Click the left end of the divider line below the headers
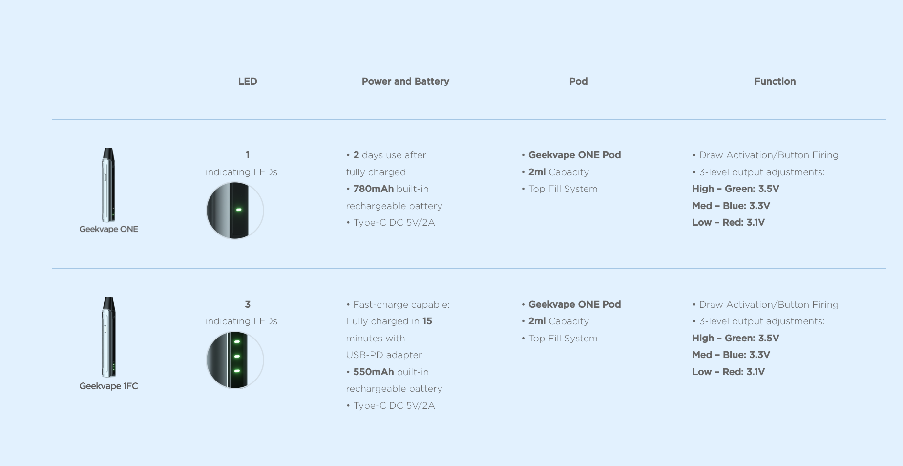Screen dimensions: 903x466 [x=52, y=119]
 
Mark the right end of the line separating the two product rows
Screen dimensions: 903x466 [x=886, y=268]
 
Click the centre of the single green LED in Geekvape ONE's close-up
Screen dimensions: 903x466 [x=239, y=210]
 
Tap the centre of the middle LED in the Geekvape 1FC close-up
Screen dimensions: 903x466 [x=237, y=357]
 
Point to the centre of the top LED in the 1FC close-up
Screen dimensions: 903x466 [x=237, y=342]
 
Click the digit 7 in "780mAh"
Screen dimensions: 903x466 [x=357, y=189]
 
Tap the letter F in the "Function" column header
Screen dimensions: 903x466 [x=757, y=81]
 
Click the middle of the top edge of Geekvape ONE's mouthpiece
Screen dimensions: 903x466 [x=108, y=148]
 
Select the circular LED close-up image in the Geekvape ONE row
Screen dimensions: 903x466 [x=235, y=211]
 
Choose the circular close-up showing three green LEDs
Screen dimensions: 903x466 [x=235, y=360]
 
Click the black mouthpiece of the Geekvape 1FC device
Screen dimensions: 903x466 [x=109, y=303]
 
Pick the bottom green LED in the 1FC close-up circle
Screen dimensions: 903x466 [x=237, y=371]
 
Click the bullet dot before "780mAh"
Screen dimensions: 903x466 [x=348, y=190]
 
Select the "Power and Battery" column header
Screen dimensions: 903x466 [x=405, y=81]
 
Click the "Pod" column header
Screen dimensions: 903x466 [x=578, y=81]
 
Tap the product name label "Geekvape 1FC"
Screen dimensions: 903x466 [x=109, y=386]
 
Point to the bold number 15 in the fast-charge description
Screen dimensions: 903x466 [x=427, y=321]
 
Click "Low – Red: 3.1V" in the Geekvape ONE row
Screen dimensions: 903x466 [x=729, y=222]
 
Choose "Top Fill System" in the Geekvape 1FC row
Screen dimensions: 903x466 [x=563, y=338]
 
